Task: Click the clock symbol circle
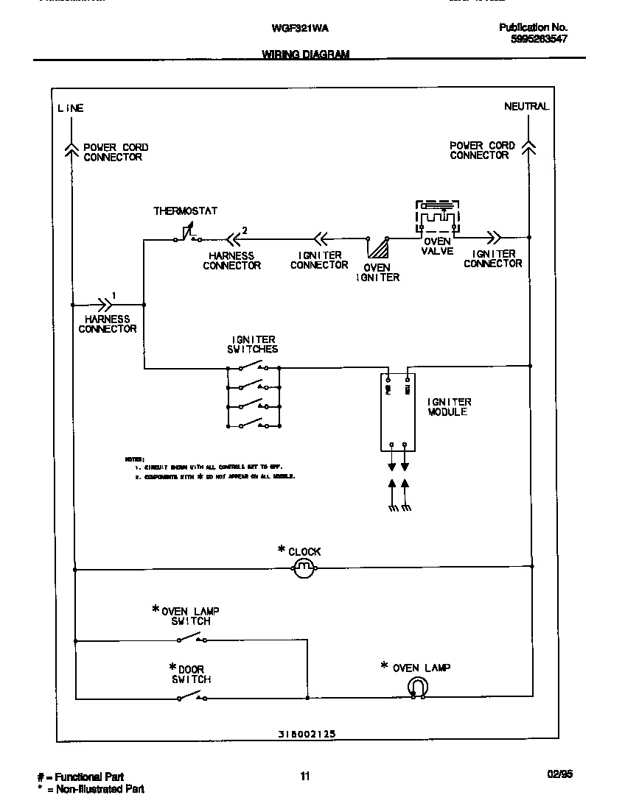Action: tap(304, 568)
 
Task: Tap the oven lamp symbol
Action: tap(417, 687)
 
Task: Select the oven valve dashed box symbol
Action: tap(437, 219)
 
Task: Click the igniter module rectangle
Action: tap(398, 412)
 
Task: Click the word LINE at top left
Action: tap(71, 108)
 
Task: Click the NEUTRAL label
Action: tap(526, 107)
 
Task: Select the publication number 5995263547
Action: tap(538, 40)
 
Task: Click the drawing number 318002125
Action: tap(307, 734)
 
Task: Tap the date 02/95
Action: tap(559, 774)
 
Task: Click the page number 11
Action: tap(304, 775)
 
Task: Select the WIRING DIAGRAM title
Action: tap(305, 54)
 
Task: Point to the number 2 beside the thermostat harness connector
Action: tap(245, 230)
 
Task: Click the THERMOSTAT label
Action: tap(185, 211)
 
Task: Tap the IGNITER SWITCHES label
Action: tap(253, 344)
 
